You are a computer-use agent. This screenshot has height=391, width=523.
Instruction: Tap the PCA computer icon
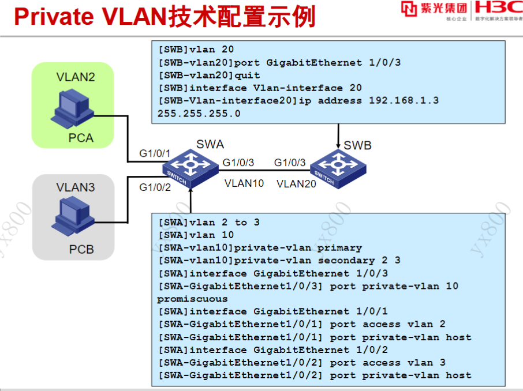point(72,110)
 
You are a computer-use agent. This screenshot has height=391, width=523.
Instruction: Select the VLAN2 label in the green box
point(75,77)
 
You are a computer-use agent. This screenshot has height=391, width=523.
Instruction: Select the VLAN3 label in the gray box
point(75,187)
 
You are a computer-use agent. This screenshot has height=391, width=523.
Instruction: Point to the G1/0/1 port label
point(155,153)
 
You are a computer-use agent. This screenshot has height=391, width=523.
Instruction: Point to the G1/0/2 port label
point(155,187)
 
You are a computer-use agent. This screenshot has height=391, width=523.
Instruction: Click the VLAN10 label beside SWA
point(244,183)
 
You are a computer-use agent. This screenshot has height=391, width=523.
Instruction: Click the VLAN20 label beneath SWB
point(296,184)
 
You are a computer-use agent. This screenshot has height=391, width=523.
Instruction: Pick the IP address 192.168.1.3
point(404,100)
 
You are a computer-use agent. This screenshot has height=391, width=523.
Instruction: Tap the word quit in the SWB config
point(247,75)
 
